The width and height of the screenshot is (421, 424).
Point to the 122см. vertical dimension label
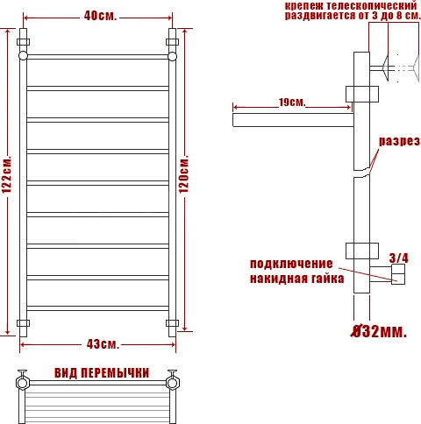tap(8, 179)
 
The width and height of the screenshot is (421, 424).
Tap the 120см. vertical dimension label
tap(183, 179)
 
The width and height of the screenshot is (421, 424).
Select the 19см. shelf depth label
tap(292, 102)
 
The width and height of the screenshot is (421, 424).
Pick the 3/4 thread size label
tap(398, 258)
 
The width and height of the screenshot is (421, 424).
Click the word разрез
tap(399, 141)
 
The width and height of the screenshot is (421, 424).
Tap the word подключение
tap(291, 265)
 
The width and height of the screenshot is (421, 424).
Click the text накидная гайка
tap(291, 279)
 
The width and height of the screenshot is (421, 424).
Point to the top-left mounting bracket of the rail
tap(24, 42)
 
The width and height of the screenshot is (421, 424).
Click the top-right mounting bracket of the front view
tap(172, 42)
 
